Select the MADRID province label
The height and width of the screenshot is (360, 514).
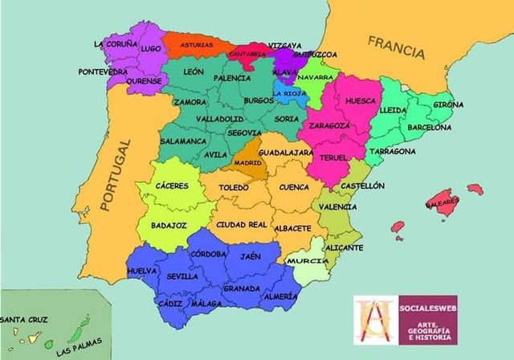[247, 163]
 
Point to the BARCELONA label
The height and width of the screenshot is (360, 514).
[430, 127]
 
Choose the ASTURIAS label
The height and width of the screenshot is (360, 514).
[197, 45]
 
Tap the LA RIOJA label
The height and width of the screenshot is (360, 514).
[288, 93]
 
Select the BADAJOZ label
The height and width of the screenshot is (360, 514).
[169, 226]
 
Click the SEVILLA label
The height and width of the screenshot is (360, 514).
[182, 276]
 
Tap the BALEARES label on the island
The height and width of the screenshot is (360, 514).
[447, 201]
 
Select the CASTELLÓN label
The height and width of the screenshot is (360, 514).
[362, 186]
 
